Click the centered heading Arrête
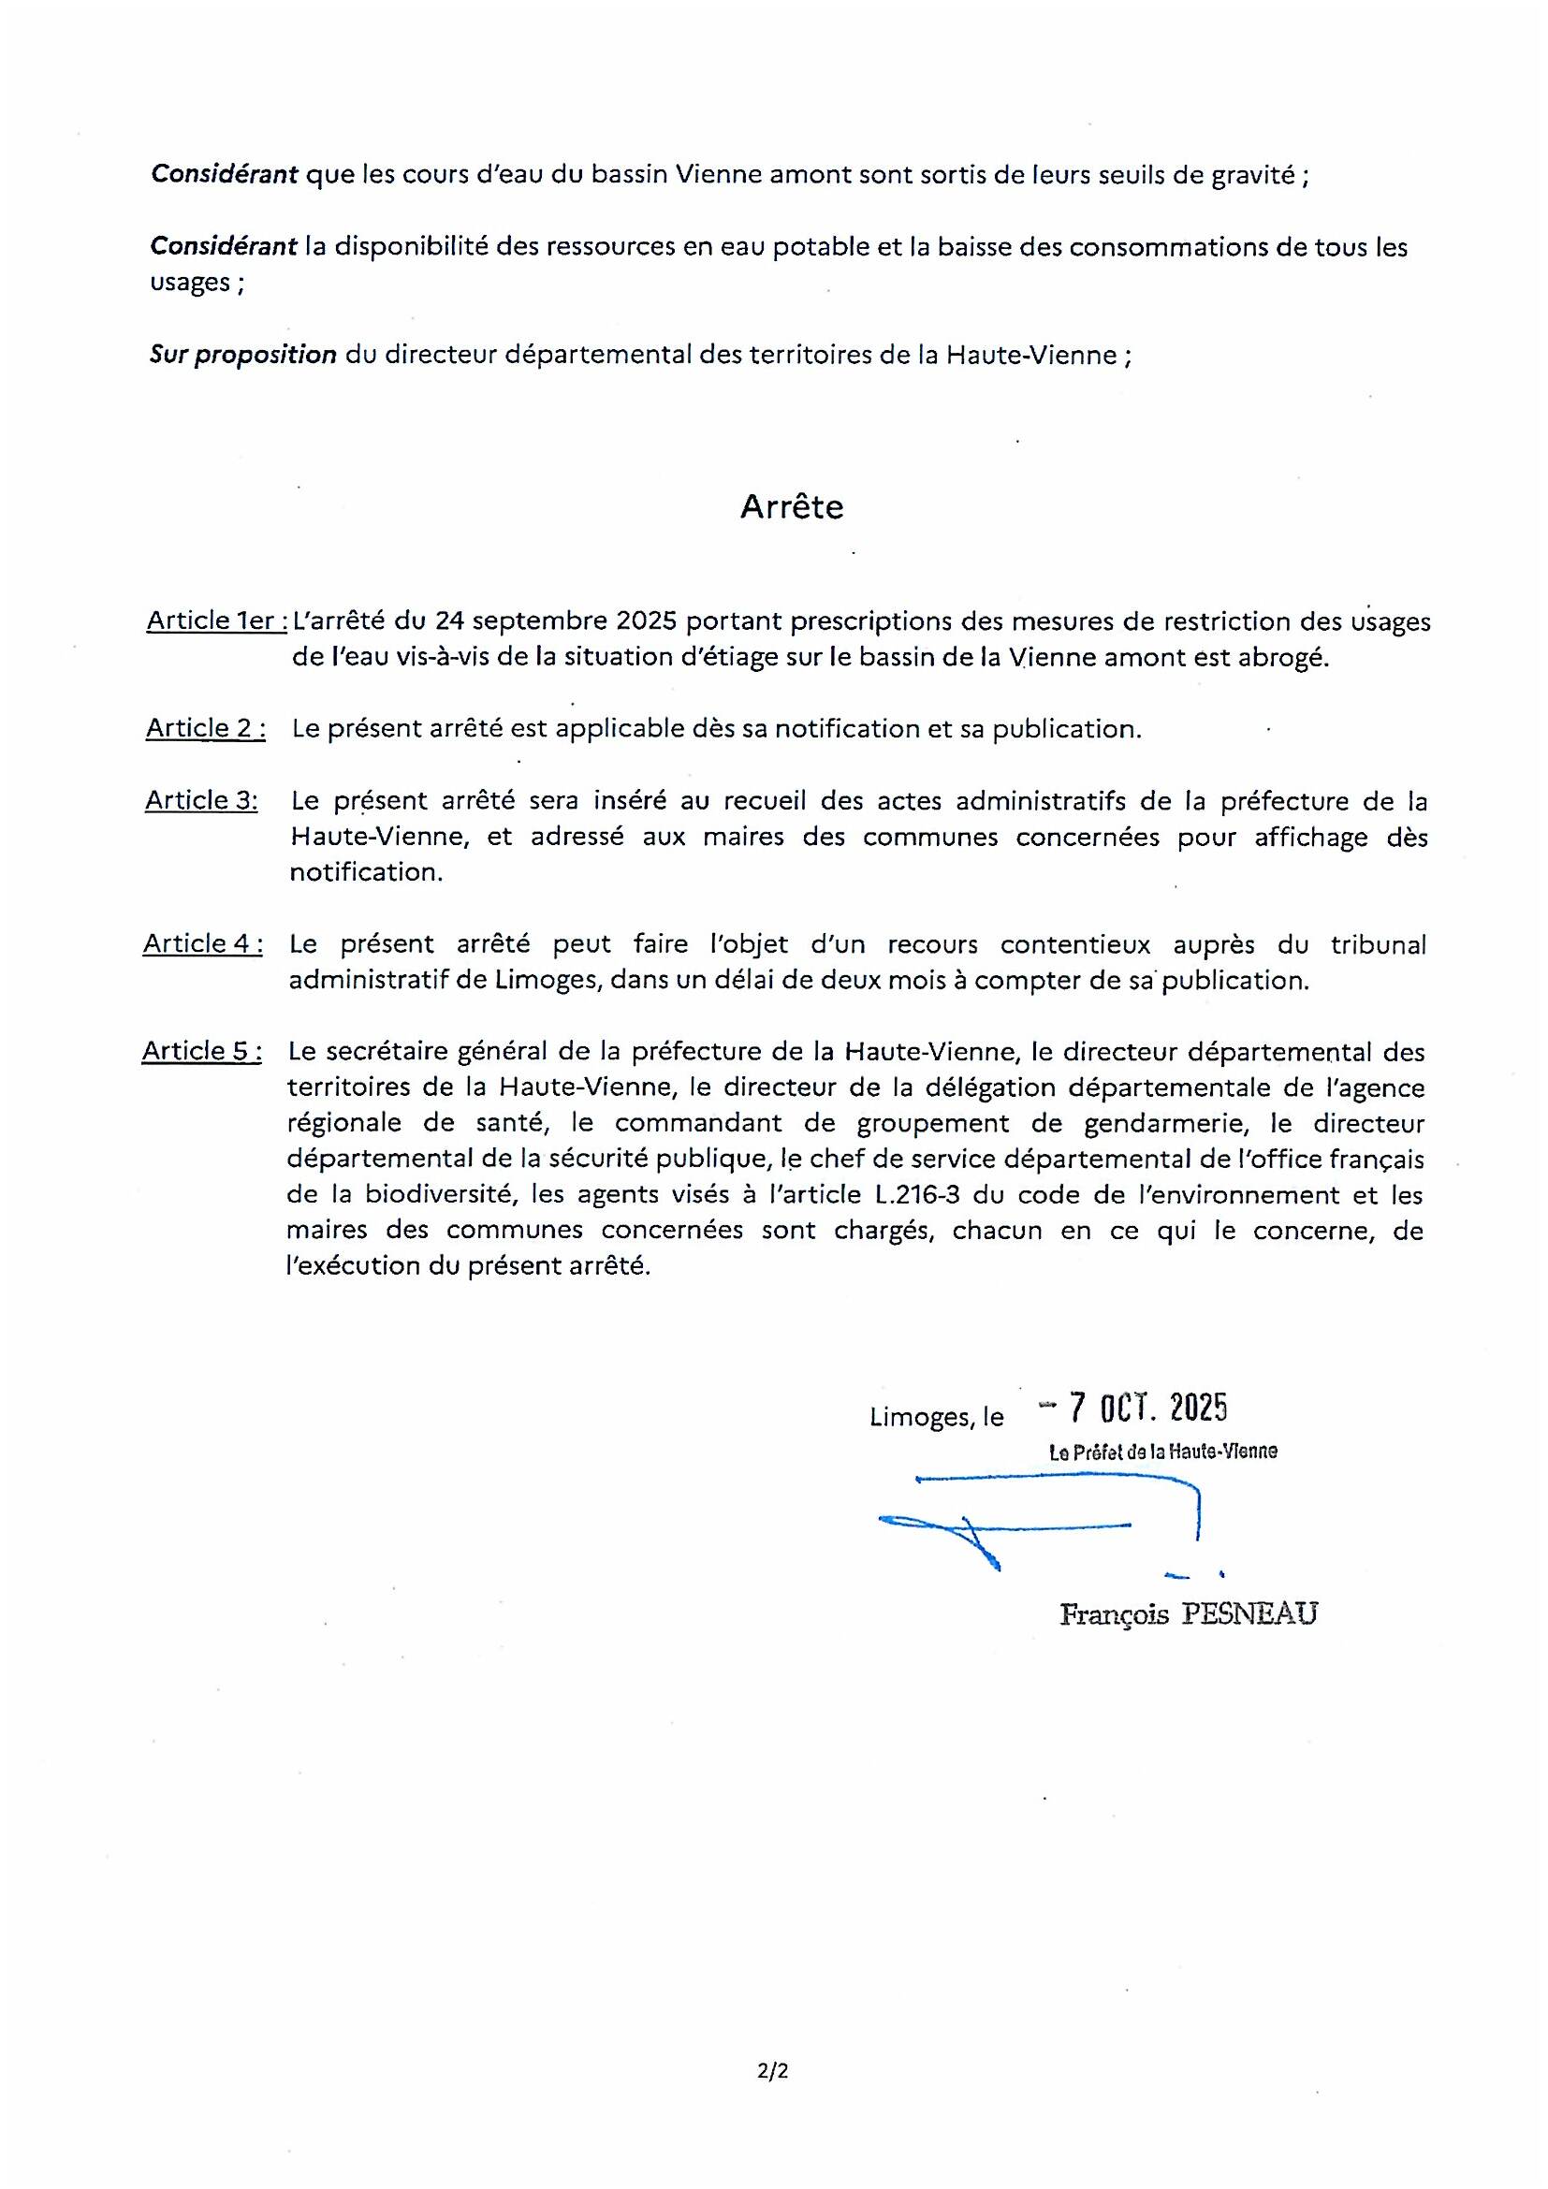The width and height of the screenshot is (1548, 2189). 791,507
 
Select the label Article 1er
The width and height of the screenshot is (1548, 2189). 216,620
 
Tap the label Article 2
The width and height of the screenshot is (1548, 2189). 205,728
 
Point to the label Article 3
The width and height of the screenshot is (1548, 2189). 201,800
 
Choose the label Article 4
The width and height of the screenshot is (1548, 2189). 203,943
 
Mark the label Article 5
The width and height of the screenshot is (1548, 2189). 202,1051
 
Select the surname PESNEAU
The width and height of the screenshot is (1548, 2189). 1249,1614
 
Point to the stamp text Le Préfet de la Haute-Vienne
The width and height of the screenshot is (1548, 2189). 1163,1452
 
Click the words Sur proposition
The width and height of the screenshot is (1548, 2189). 243,355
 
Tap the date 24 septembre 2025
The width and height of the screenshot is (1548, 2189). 556,621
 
